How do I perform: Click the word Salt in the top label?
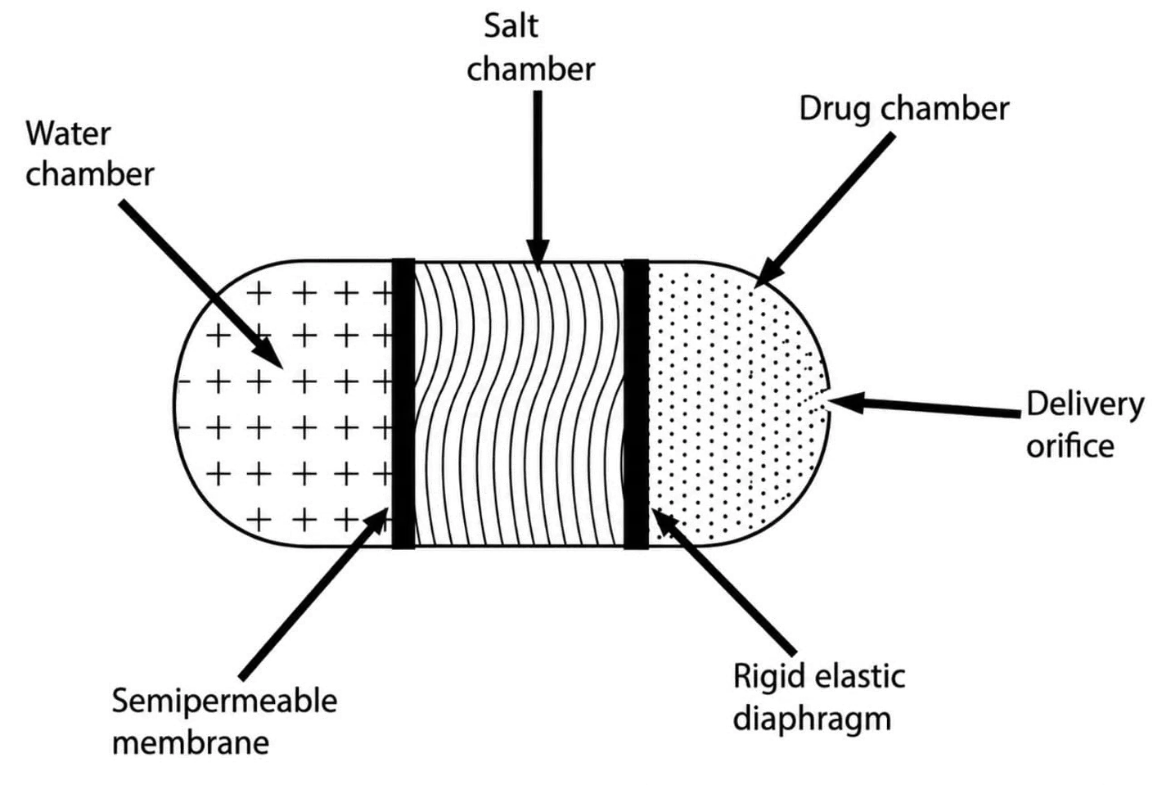pyautogui.click(x=511, y=26)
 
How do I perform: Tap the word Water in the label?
pyautogui.click(x=68, y=134)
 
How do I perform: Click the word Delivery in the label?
pyautogui.click(x=1085, y=405)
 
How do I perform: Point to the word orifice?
pyautogui.click(x=1070, y=447)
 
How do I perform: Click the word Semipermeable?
pyautogui.click(x=224, y=702)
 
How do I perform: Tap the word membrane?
pyautogui.click(x=191, y=743)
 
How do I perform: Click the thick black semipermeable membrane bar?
pyautogui.click(x=403, y=403)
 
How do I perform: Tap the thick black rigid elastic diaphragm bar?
pyautogui.click(x=636, y=404)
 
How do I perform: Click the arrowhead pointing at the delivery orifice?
pyautogui.click(x=845, y=403)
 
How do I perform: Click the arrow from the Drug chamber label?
pyautogui.click(x=824, y=210)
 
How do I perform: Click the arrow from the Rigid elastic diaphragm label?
pyautogui.click(x=723, y=581)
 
